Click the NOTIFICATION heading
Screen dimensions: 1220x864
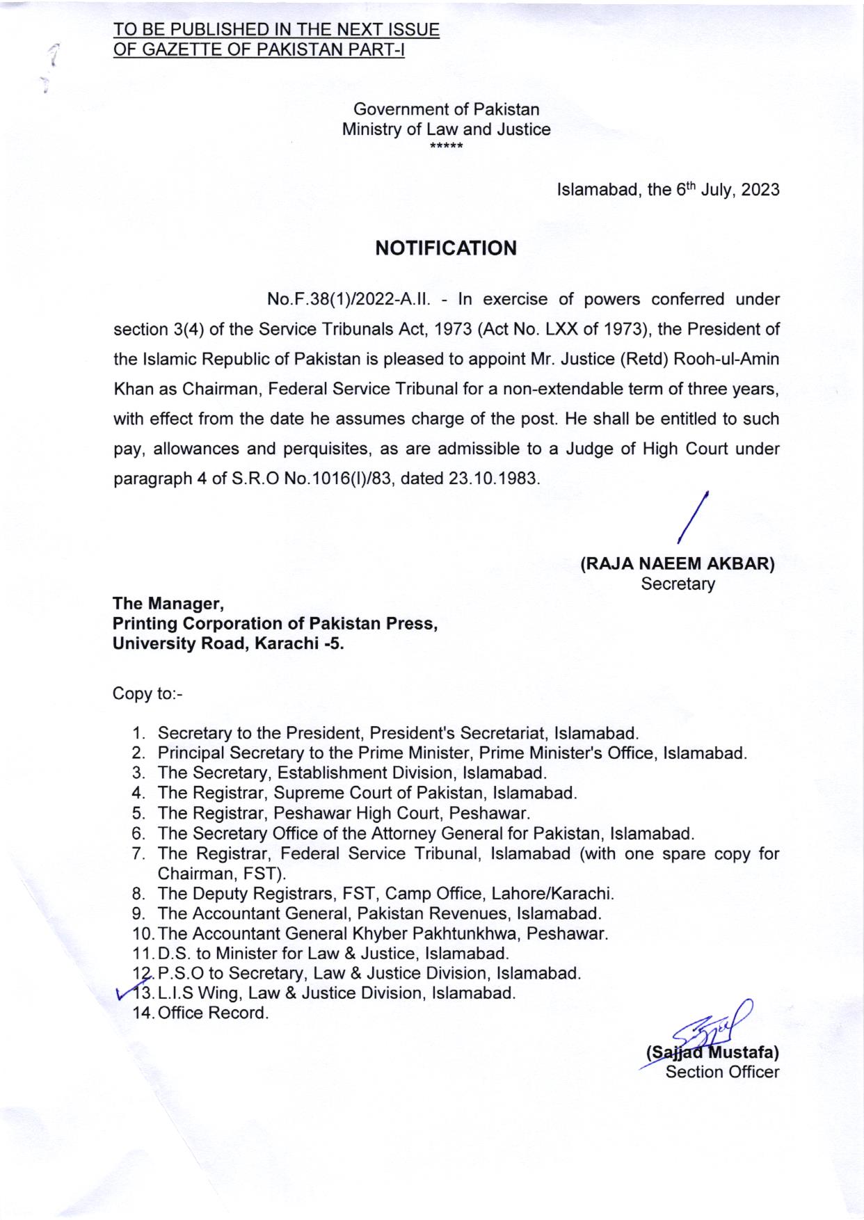(446, 248)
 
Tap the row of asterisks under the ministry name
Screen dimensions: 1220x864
(446, 146)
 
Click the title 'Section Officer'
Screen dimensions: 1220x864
(722, 1072)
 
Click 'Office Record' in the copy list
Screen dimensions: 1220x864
(213, 1013)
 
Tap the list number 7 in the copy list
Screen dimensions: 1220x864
(137, 853)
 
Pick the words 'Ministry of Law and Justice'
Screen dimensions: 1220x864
(446, 129)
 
